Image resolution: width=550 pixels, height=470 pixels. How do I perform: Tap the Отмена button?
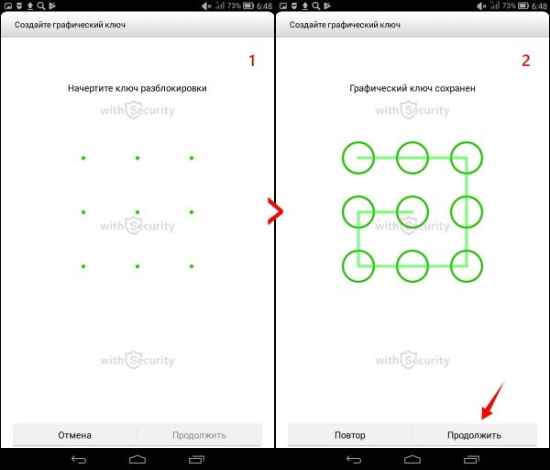[x=75, y=435]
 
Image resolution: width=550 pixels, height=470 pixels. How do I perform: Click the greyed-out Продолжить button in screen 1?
[x=199, y=435]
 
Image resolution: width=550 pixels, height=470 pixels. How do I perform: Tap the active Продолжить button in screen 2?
[x=474, y=435]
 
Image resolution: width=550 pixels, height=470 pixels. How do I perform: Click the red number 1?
[x=252, y=61]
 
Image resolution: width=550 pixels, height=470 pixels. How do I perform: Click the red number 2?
[x=525, y=61]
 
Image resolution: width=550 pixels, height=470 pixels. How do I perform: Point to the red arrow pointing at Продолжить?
[x=492, y=401]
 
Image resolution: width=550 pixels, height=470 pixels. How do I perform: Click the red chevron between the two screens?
[x=275, y=211]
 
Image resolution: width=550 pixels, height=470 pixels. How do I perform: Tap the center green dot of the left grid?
[x=137, y=212]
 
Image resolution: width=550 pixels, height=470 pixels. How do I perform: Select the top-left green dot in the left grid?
[x=83, y=158]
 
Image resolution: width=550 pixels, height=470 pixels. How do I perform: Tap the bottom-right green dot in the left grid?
[x=192, y=266]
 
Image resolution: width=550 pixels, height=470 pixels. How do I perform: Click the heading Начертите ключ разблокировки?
[x=137, y=88]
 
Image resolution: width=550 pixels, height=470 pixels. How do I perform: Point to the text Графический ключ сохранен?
[x=412, y=88]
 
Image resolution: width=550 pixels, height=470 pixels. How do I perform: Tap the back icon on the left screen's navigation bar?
[x=79, y=460]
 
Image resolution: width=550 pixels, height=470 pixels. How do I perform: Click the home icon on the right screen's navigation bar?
[x=412, y=460]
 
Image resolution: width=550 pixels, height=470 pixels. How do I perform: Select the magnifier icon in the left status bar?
[x=41, y=6]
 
